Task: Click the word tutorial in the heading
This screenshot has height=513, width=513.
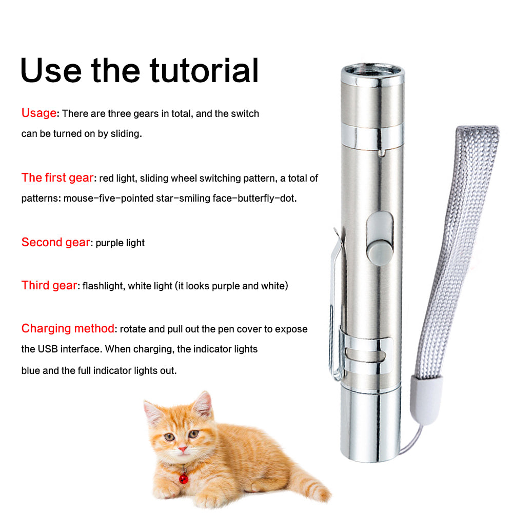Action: (x=204, y=70)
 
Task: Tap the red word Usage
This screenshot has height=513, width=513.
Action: (x=39, y=113)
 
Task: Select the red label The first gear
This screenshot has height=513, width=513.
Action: (x=57, y=177)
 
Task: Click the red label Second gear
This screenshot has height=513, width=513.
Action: (x=55, y=242)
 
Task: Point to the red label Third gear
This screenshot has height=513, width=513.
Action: (x=49, y=285)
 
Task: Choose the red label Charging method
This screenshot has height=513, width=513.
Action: (x=68, y=328)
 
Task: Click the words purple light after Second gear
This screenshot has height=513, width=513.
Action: (x=120, y=243)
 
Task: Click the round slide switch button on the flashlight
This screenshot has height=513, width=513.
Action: (x=379, y=251)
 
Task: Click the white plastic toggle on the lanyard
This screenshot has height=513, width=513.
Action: (x=427, y=400)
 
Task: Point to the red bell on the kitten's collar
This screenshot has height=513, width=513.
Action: (x=184, y=479)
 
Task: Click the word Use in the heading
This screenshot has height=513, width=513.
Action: (x=51, y=70)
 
